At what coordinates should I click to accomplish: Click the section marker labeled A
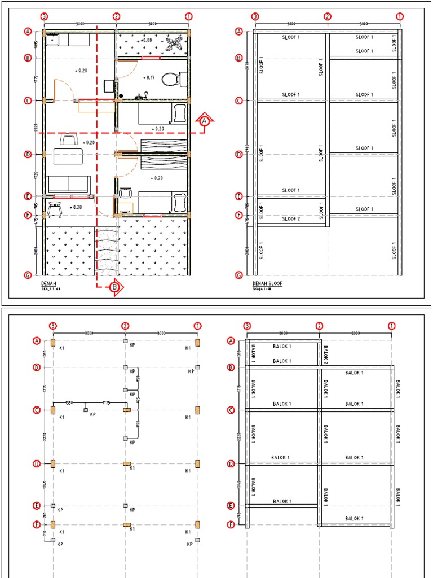(x=205, y=121)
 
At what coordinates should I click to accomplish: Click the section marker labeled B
(x=115, y=287)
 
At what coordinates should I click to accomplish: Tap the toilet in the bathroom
(x=171, y=79)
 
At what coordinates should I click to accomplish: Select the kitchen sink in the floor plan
(x=53, y=39)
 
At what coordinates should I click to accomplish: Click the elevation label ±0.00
(x=145, y=41)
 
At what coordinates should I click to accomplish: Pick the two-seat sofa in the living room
(x=68, y=184)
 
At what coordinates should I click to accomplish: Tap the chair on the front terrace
(x=55, y=209)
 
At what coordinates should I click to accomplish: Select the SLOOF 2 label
(x=291, y=219)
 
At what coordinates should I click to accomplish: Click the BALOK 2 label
(x=325, y=353)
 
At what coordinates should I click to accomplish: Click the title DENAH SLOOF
(x=267, y=283)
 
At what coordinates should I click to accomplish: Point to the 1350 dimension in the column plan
(x=69, y=402)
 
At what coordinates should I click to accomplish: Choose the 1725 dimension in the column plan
(x=105, y=402)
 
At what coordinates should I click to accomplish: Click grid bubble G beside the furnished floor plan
(x=27, y=275)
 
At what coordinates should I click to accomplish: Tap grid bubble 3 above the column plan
(x=52, y=326)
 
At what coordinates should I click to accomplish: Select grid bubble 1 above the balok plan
(x=391, y=326)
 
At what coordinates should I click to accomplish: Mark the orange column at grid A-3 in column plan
(x=52, y=342)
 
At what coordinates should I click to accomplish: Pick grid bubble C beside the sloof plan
(x=238, y=101)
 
